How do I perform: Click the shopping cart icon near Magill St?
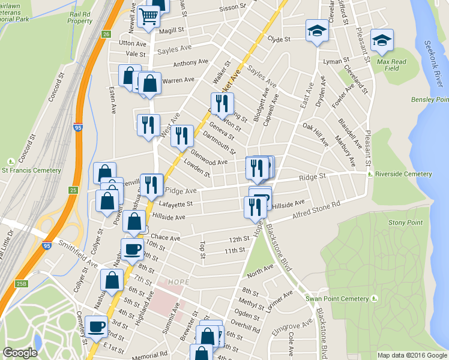point(148,16)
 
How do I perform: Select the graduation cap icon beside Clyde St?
point(316,31)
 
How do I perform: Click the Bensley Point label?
point(430,100)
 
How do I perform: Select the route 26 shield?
point(106,34)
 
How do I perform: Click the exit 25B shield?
point(22,283)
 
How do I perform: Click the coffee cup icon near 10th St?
point(132,249)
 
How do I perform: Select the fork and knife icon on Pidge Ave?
point(152,184)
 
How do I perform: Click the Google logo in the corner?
point(20,353)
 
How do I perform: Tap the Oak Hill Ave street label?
point(316,134)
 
